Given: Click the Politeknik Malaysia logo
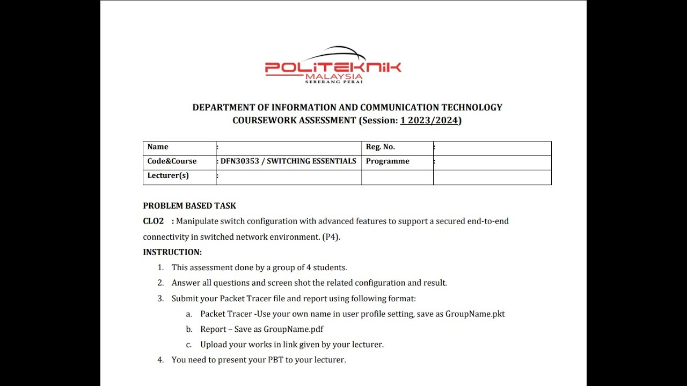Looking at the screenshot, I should click(x=333, y=65).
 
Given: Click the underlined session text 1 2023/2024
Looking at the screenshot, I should click(x=429, y=121).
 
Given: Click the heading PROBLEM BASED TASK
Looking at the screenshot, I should click(x=189, y=206).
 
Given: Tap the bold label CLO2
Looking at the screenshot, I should click(x=153, y=221).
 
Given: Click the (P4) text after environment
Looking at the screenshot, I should click(x=331, y=236).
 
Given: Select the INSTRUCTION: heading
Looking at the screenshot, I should click(x=172, y=252).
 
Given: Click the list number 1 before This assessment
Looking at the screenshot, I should click(x=160, y=268).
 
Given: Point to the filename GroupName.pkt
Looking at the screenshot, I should click(x=475, y=314).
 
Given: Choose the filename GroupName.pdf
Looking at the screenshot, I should click(x=293, y=329).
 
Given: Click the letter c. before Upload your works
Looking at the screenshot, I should click(x=189, y=345).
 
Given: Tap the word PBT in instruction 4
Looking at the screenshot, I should click(x=275, y=360).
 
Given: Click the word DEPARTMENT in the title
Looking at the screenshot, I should click(x=225, y=107).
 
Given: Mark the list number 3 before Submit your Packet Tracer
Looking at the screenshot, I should click(x=160, y=299).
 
